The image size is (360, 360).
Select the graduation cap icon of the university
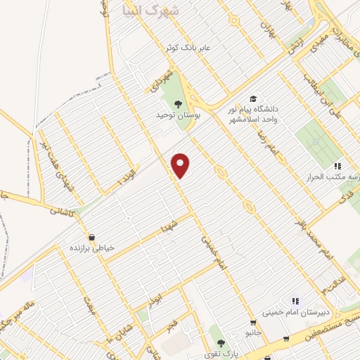click(x=252, y=99)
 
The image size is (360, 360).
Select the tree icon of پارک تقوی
click(x=221, y=343)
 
